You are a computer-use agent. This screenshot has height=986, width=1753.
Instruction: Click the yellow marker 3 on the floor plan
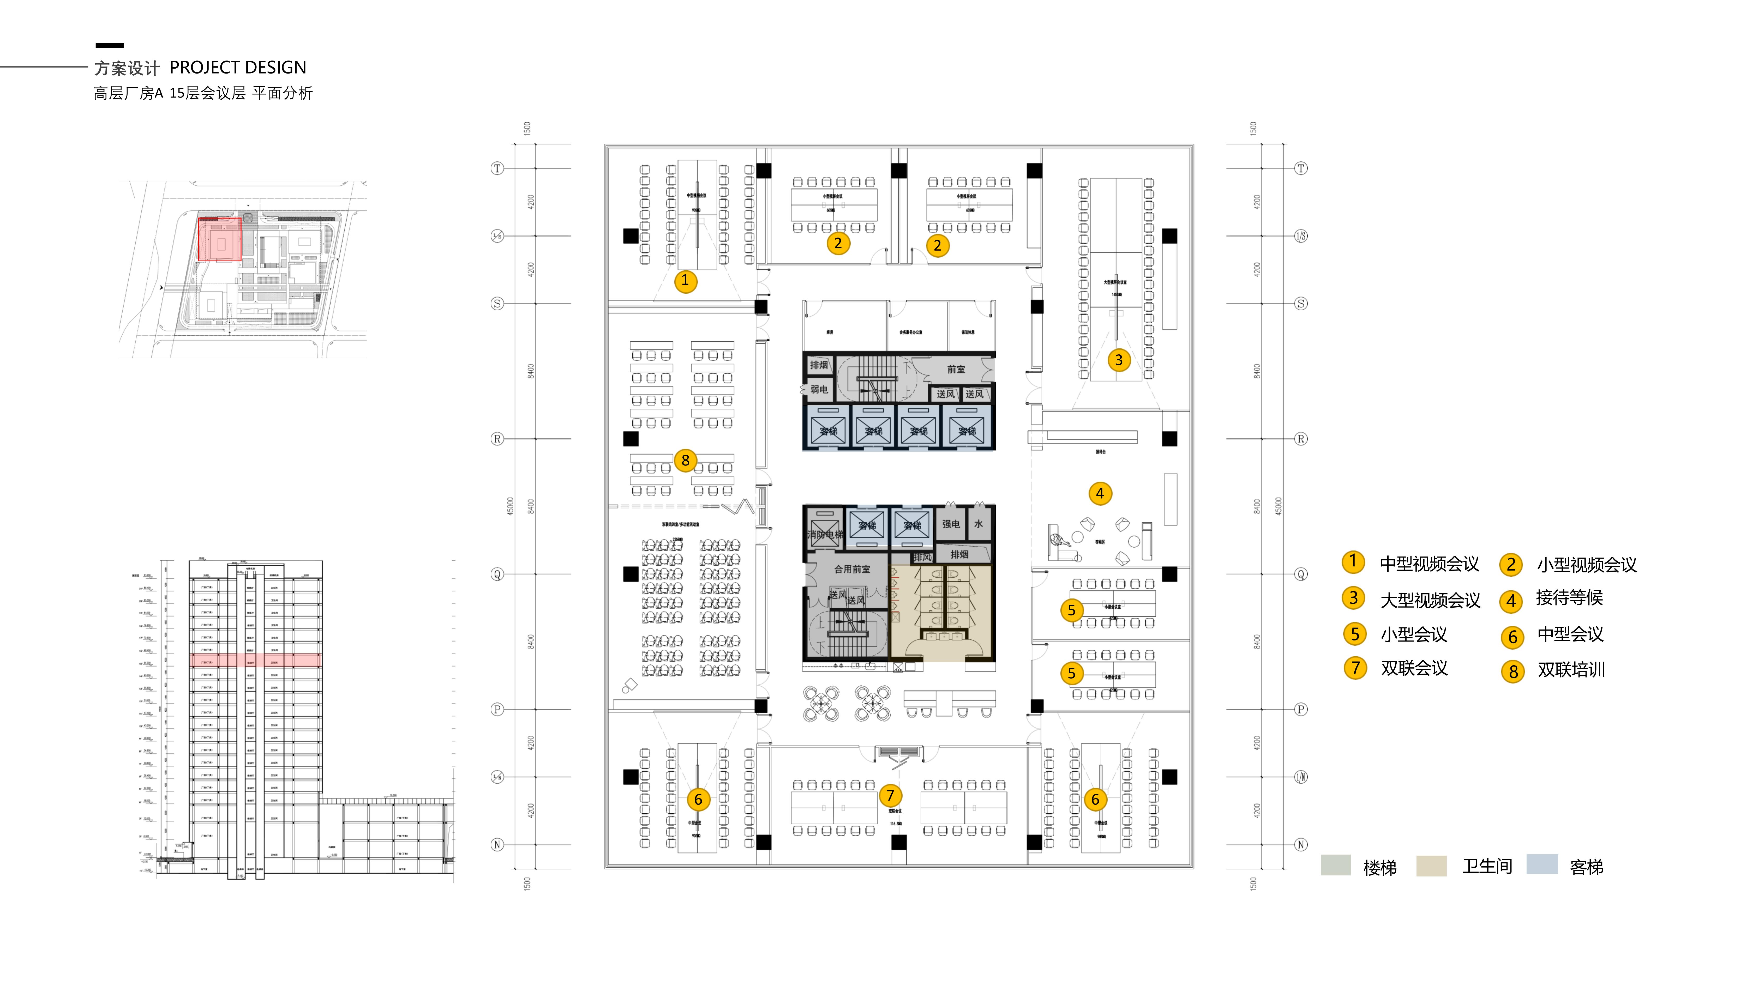pos(1118,360)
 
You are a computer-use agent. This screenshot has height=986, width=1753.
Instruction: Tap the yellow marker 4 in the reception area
pos(1100,493)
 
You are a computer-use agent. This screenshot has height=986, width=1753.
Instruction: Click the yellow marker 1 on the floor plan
pos(685,280)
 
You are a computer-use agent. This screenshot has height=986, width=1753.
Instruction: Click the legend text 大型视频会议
pos(1430,600)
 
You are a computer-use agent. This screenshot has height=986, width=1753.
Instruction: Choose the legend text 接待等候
pos(1569,598)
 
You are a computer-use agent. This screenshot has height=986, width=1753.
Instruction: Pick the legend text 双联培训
pos(1571,670)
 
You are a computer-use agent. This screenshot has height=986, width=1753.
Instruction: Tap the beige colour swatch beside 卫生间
pos(1431,866)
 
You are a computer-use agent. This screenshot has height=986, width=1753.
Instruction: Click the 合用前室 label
pos(852,569)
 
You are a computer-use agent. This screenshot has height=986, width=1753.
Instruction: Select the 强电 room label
pos(951,524)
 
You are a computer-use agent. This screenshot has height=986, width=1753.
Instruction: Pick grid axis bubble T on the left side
pos(497,168)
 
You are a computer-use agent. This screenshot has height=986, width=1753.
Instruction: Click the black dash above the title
pos(110,46)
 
